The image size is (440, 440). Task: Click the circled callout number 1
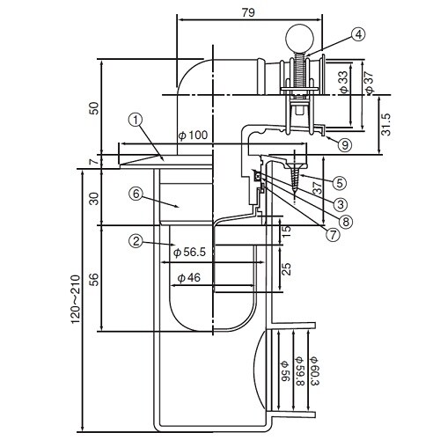pos(135,118)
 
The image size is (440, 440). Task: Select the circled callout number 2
pos(136,239)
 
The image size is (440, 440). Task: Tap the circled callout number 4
pos(357,35)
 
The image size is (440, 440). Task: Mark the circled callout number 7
pos(332,234)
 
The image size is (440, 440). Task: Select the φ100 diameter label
pos(193,136)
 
